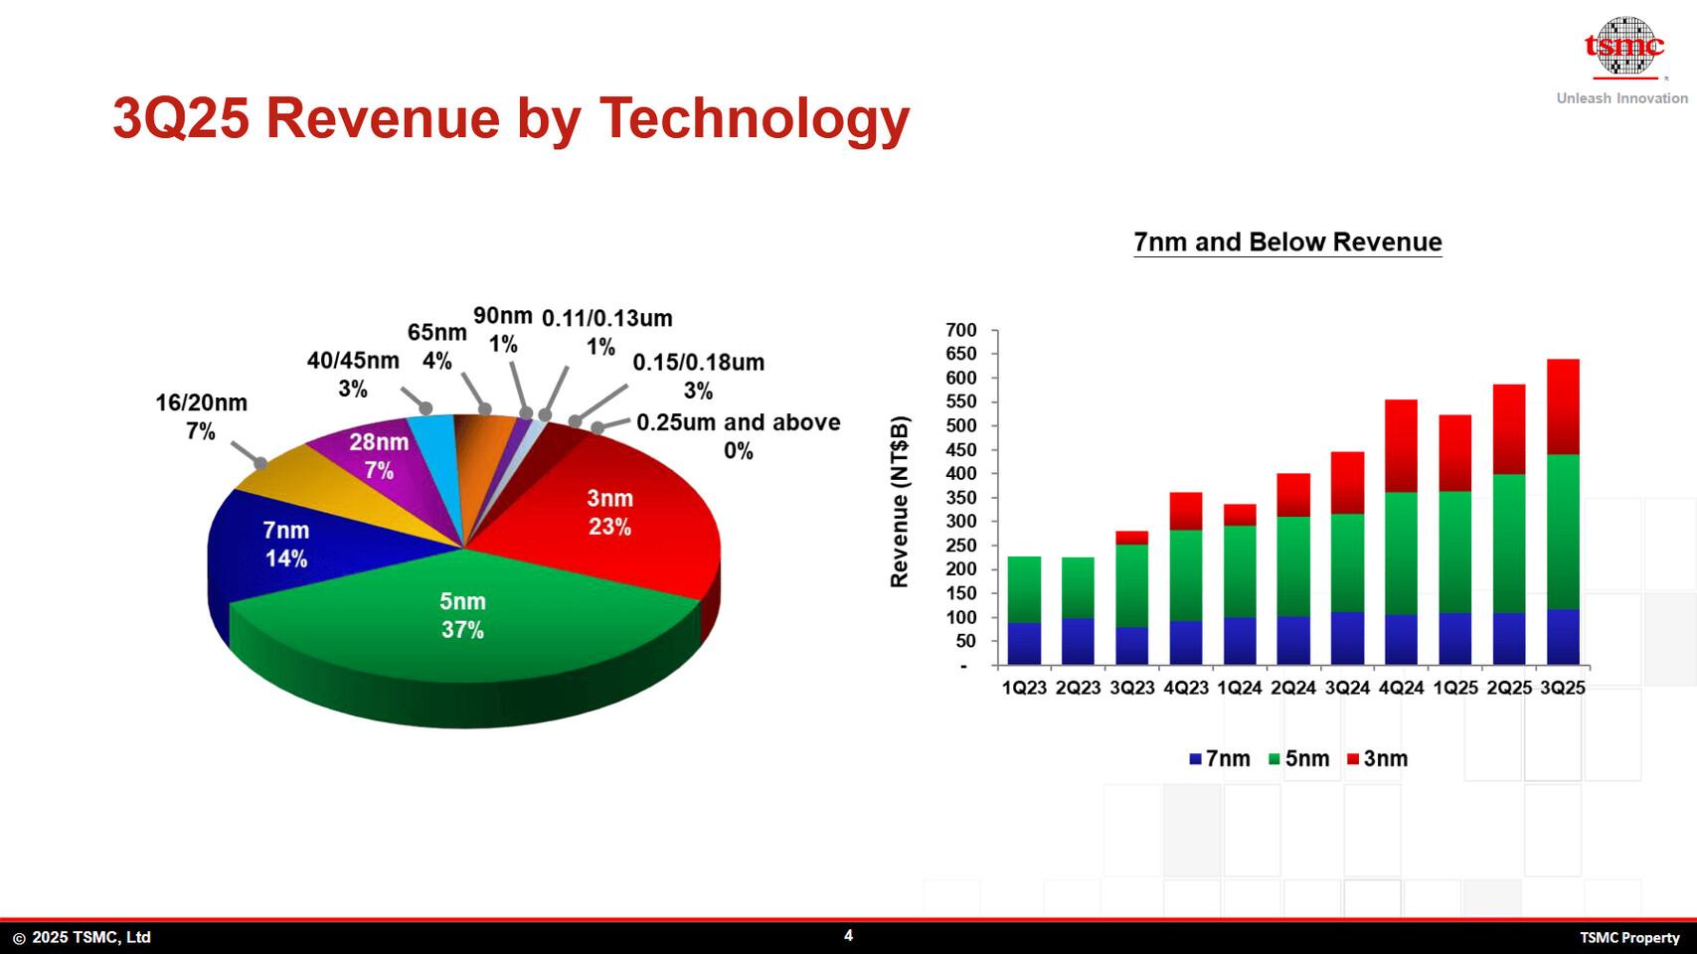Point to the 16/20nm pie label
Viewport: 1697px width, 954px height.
201,416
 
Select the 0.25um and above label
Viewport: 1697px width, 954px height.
738,435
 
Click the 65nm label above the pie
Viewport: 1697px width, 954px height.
436,346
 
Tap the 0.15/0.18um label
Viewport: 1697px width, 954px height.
698,376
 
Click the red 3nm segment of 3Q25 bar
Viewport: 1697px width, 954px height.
1563,406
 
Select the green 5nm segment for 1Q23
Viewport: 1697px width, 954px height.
1024,589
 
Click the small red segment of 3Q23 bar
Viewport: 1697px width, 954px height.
1132,538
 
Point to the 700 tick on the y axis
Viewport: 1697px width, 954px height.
961,330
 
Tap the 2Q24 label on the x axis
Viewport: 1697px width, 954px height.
1293,688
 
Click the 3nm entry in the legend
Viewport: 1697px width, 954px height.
1377,759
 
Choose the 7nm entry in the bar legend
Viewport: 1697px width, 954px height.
1220,759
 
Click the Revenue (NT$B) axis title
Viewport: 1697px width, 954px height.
900,502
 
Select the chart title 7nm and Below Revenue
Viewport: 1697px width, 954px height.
1287,242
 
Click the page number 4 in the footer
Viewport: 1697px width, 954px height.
848,935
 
